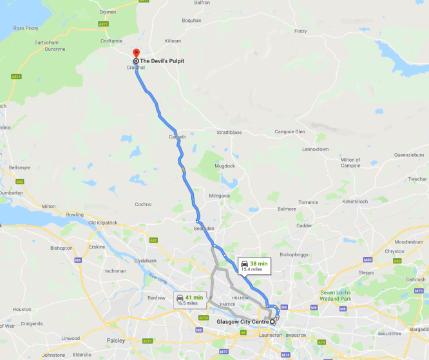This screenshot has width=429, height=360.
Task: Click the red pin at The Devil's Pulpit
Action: click(135, 54)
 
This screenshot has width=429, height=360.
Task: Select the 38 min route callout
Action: click(254, 265)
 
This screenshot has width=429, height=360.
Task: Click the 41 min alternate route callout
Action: click(190, 299)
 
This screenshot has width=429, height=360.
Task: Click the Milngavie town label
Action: click(220, 196)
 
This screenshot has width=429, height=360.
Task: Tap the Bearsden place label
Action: click(204, 228)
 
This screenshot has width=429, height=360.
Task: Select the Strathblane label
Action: click(229, 132)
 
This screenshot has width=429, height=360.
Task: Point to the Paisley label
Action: click(97, 340)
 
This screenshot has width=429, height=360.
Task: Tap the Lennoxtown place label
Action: click(316, 149)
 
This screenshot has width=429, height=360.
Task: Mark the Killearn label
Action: click(173, 41)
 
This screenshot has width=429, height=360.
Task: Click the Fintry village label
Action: click(300, 31)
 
